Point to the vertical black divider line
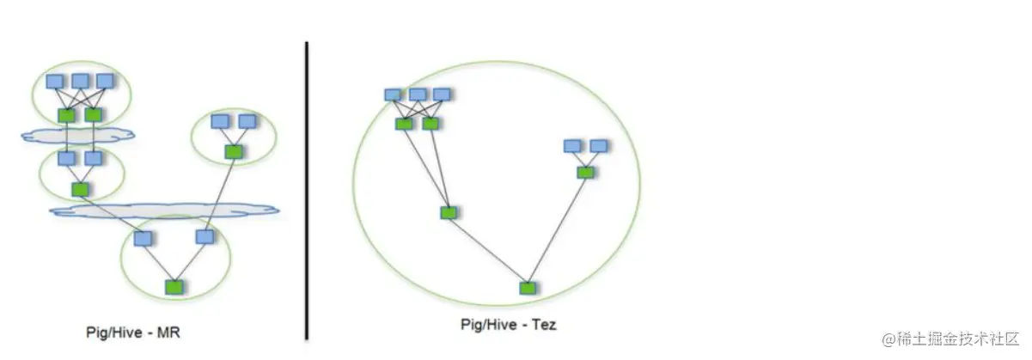pos(306,189)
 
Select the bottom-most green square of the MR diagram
pos(175,286)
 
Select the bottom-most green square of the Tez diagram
pos(527,288)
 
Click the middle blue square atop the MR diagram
pos(80,82)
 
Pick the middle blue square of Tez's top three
pos(418,95)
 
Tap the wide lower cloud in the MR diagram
pos(163,209)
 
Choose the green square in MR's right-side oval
pos(233,151)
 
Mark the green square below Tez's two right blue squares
pos(585,173)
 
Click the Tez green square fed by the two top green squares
pos(448,212)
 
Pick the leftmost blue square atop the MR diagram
pos(55,82)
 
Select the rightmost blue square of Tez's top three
pos(442,95)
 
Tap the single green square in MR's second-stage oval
pos(80,189)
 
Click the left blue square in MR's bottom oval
pos(144,238)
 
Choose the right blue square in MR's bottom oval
pos(205,236)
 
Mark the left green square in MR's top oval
pos(66,114)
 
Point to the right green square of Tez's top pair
pos(431,124)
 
